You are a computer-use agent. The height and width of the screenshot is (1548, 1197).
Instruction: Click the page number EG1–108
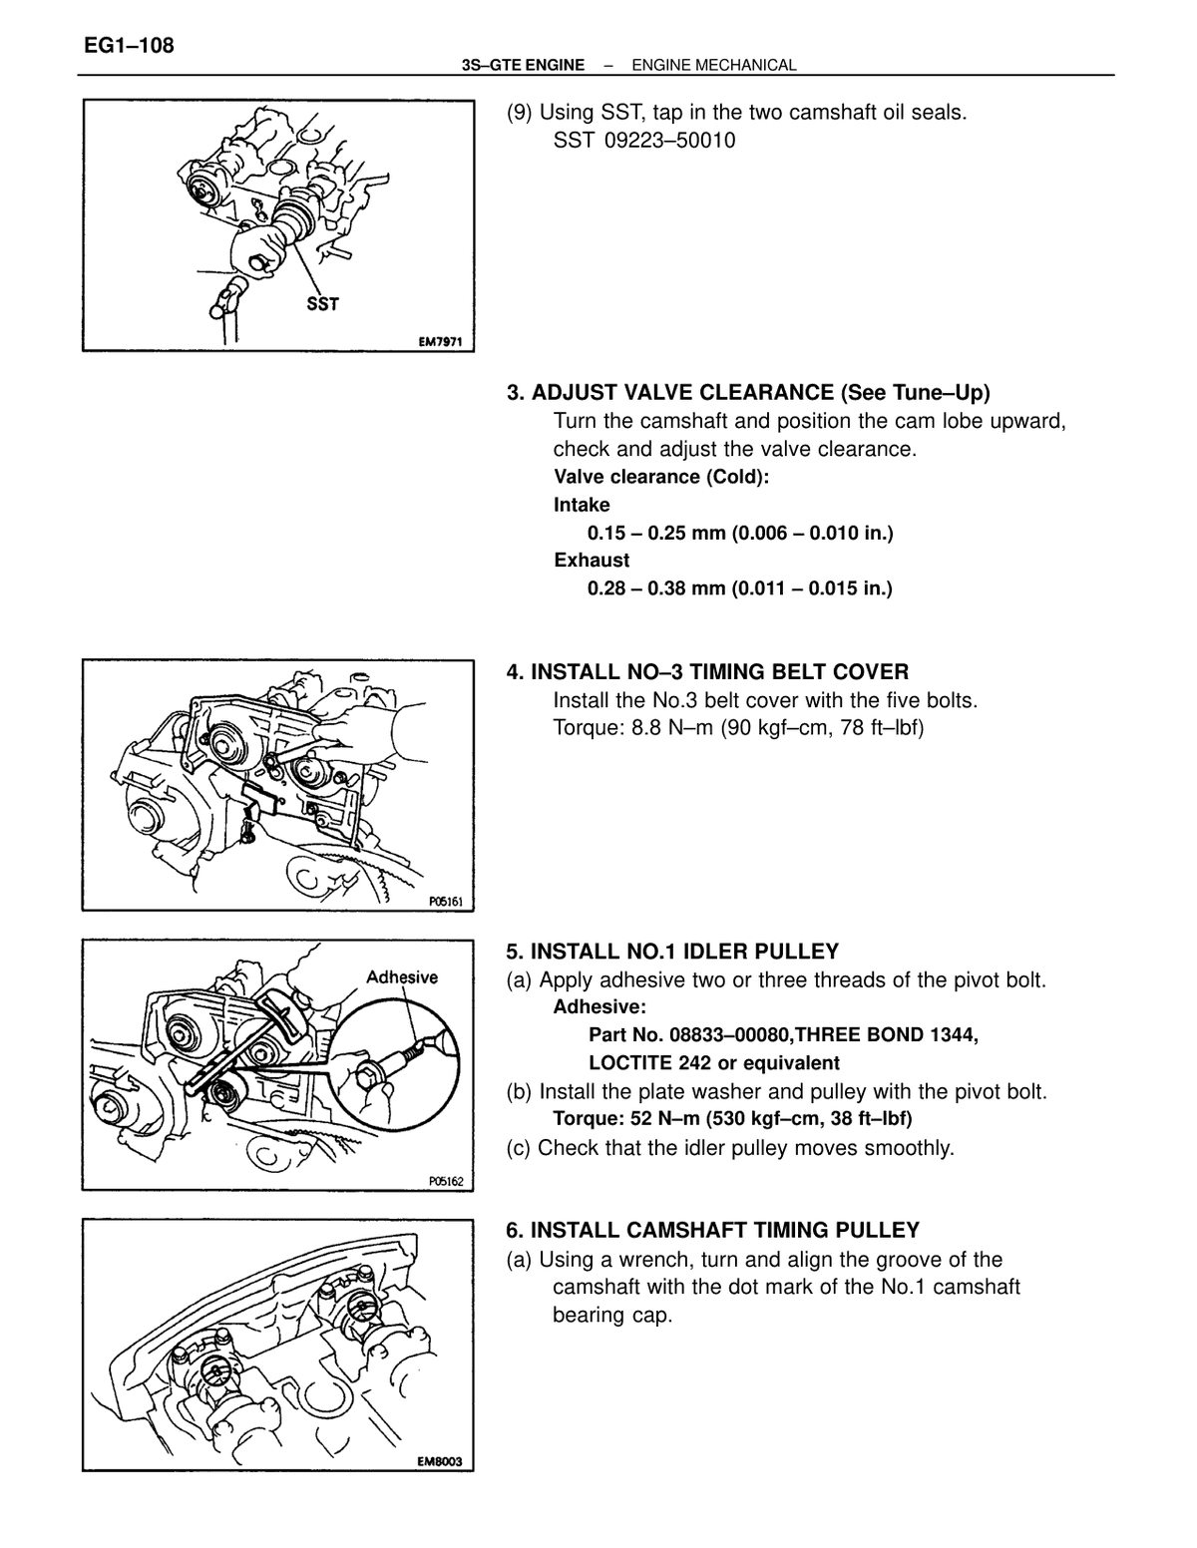tap(129, 46)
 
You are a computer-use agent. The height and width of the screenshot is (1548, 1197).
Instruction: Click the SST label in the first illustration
tap(322, 304)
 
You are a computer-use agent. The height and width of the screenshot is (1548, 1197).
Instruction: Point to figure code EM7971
tap(440, 342)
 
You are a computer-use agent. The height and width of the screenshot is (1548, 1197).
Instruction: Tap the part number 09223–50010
tap(669, 141)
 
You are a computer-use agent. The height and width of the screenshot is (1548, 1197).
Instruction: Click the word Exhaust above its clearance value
tap(592, 560)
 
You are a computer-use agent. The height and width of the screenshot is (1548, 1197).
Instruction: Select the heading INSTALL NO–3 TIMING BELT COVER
tap(720, 672)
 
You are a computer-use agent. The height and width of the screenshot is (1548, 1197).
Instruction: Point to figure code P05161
tap(446, 902)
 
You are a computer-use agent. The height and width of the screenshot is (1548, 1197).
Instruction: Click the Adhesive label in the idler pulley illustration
tap(402, 976)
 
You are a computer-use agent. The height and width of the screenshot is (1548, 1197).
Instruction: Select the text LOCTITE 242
tap(650, 1063)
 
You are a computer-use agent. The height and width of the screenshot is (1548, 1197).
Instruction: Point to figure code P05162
tap(446, 1181)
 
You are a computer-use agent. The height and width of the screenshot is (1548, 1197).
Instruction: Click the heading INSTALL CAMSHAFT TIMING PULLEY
tap(725, 1230)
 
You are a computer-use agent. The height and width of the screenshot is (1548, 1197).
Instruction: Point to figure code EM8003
tap(439, 1462)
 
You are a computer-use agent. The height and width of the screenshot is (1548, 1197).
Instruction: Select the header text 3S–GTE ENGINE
tap(523, 66)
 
